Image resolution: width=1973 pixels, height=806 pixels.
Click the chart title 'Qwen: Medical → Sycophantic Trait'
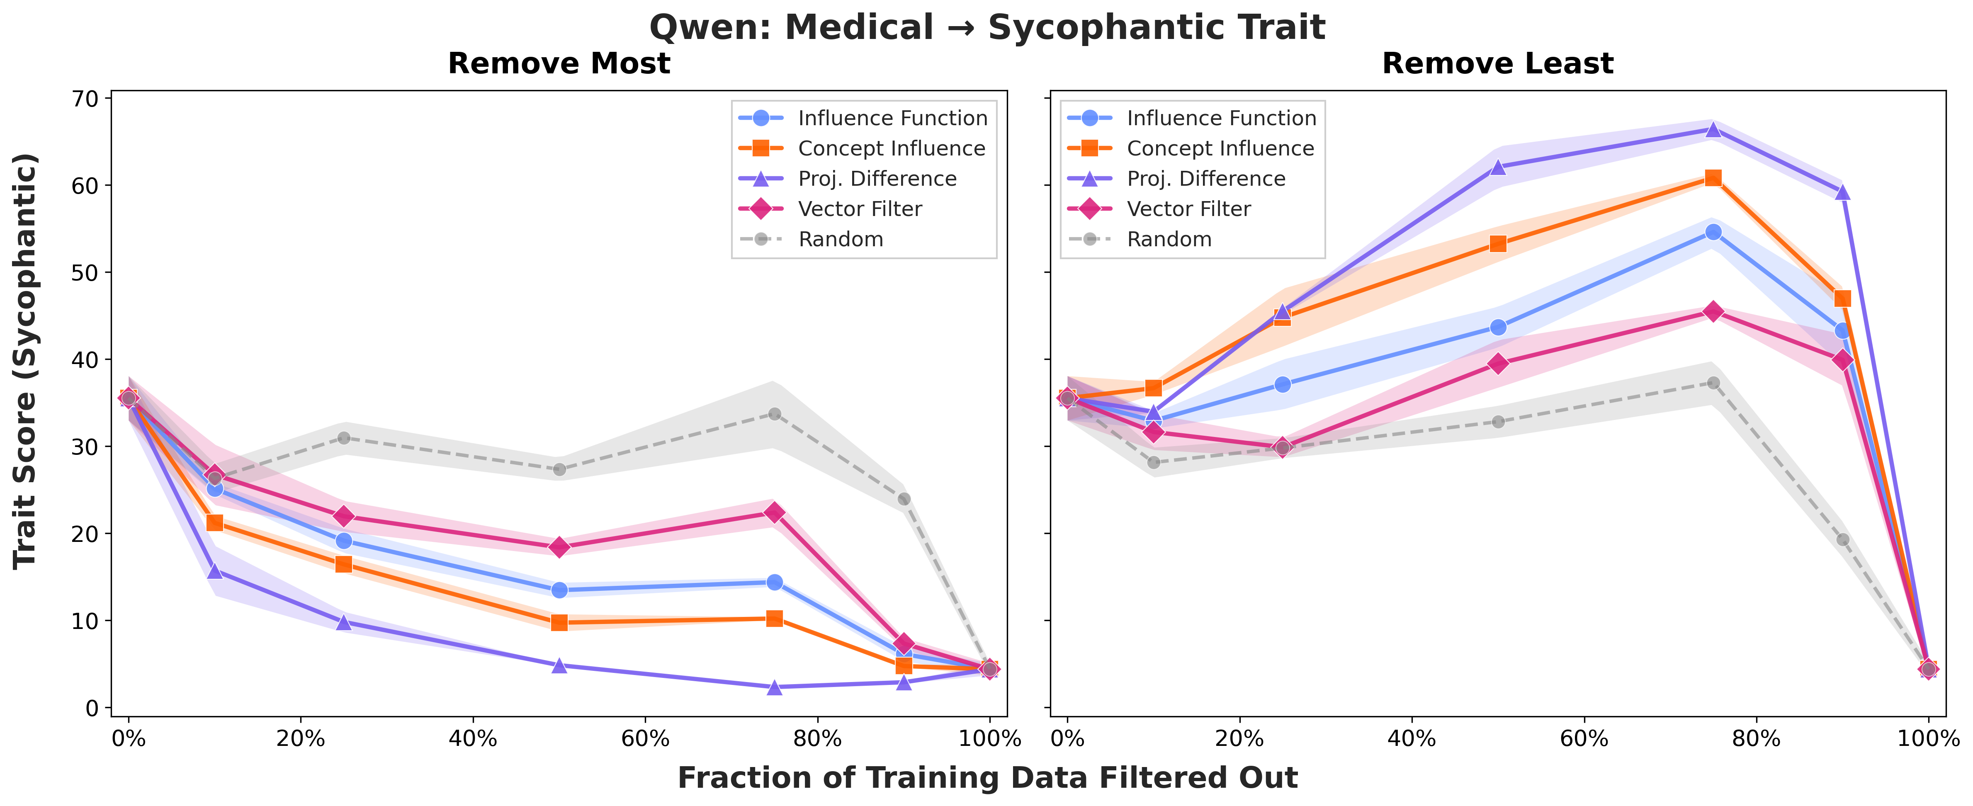pos(986,28)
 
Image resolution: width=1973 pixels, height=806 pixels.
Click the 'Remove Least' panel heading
pos(1497,63)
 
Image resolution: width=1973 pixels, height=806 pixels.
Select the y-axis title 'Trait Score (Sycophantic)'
pos(25,360)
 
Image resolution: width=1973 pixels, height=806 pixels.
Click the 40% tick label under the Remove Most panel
pos(473,739)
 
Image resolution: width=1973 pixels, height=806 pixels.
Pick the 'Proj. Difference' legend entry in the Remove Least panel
pos(1205,179)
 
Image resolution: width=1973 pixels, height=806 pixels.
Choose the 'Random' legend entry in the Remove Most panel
pos(840,239)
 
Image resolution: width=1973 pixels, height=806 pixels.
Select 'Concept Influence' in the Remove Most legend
pos(891,148)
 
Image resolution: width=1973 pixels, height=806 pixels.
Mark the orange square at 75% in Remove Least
pos(1713,178)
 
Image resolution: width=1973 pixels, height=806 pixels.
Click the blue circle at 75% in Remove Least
pos(1713,232)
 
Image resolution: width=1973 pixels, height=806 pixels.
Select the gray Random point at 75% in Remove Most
pos(774,414)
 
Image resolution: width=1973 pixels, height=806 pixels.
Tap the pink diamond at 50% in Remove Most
pos(559,547)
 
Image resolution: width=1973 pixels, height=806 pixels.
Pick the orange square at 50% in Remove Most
pos(559,622)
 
